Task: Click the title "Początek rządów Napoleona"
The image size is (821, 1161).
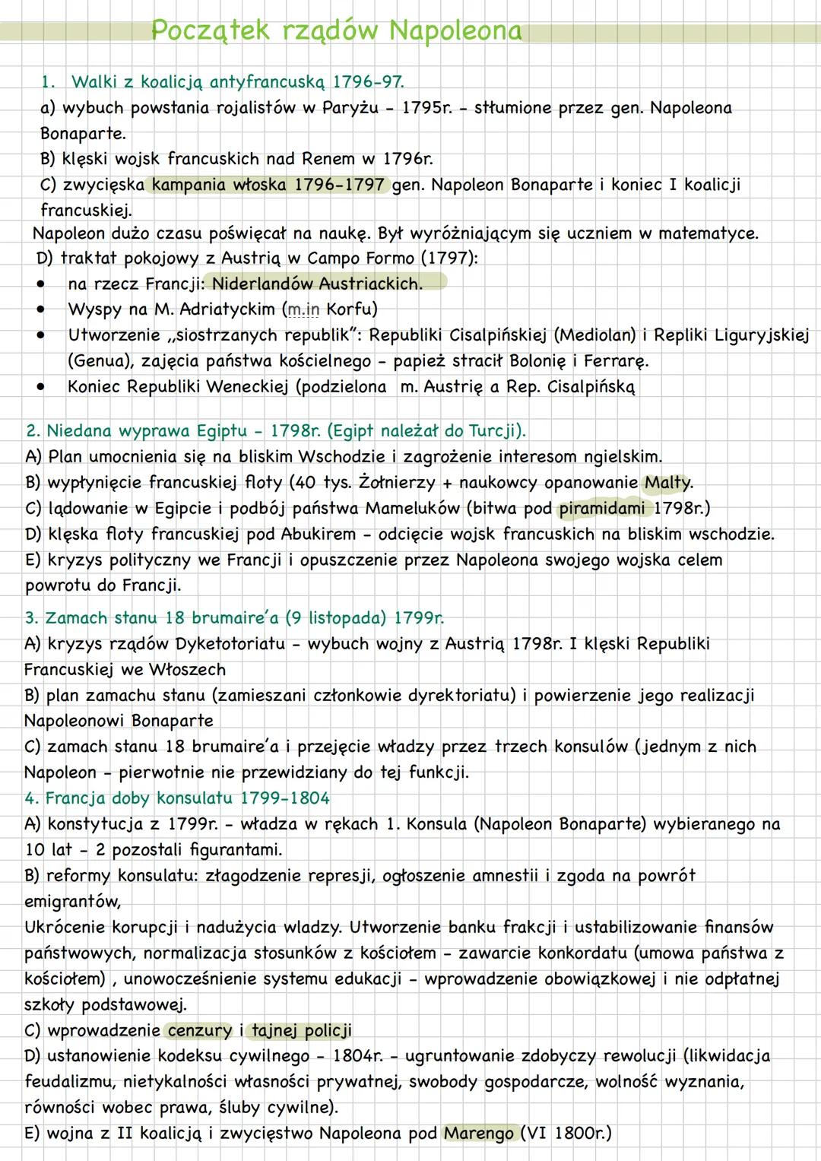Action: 337,30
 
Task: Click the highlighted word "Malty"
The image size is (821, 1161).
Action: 668,483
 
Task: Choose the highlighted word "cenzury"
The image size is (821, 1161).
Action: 200,1031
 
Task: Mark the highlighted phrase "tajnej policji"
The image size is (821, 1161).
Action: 302,1031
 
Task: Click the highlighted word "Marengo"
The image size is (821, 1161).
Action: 479,1134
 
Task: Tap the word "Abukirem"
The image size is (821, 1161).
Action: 319,535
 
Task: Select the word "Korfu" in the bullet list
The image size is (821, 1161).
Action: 351,309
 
